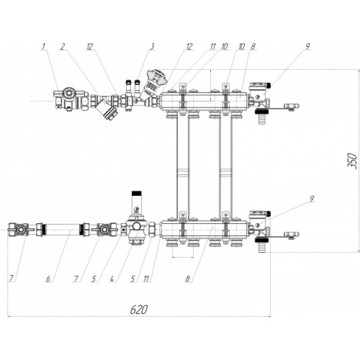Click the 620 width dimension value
139,310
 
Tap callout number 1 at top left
43,46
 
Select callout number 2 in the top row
63,46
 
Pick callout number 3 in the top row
152,46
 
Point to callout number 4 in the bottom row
112,279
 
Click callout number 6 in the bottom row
48,279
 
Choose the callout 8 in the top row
253,46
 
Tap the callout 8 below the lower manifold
188,279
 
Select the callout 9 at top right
307,46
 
